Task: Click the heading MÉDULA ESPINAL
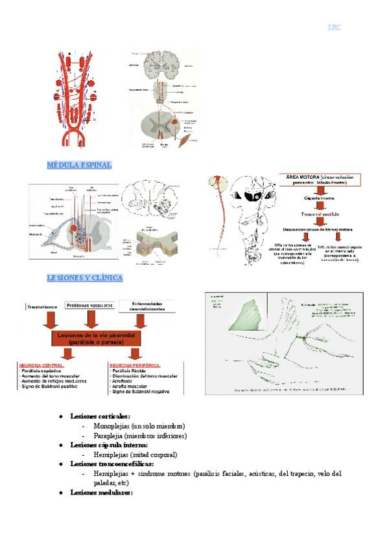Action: click(79, 165)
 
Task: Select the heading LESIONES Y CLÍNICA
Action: click(85, 277)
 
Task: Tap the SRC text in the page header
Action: click(334, 27)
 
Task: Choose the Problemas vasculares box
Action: click(90, 305)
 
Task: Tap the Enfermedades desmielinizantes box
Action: click(146, 306)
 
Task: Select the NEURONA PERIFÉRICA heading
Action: click(135, 365)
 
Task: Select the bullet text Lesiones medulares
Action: click(101, 493)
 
